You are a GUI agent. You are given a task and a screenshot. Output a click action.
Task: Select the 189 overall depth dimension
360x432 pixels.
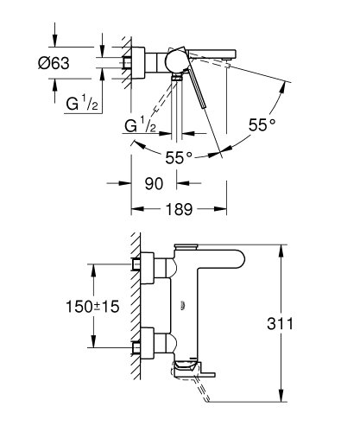(x=178, y=210)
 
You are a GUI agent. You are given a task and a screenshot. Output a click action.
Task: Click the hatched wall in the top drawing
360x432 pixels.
(x=125, y=63)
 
